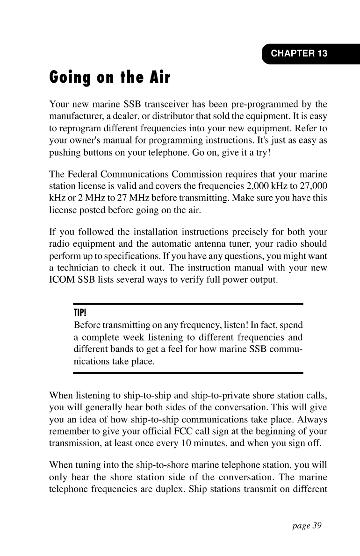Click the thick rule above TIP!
coord(188,304)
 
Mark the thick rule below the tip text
coord(188,373)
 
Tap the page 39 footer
coord(304,526)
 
